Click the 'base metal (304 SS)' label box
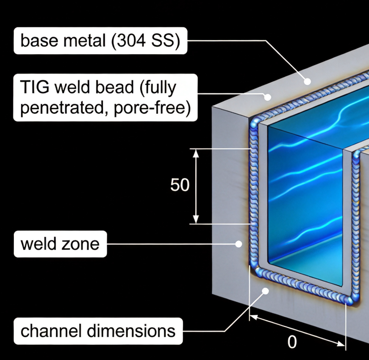[x=100, y=41]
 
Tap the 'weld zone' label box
[x=60, y=244]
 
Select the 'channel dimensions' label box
[x=98, y=331]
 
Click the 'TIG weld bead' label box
[x=105, y=98]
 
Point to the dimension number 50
[x=180, y=185]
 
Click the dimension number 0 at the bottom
[x=292, y=342]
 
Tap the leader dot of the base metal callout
[x=307, y=81]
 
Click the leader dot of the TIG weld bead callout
[x=267, y=97]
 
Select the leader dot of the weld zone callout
[x=239, y=244]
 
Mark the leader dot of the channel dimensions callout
[x=266, y=291]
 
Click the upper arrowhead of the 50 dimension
[x=196, y=153]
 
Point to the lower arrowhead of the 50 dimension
[x=196, y=219]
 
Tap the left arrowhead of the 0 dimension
[x=253, y=318]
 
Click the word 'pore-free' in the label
[x=152, y=108]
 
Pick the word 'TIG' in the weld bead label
[x=35, y=87]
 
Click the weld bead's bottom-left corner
[x=257, y=270]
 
